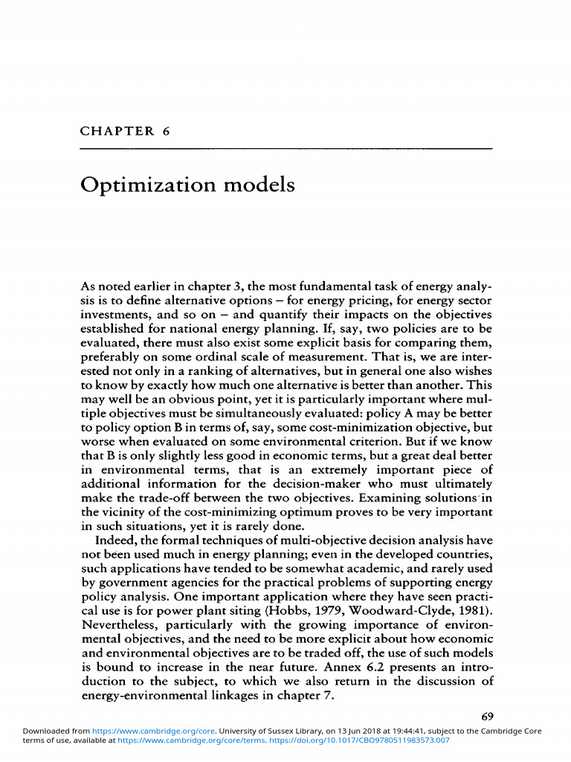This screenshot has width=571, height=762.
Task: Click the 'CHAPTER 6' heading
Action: pos(125,131)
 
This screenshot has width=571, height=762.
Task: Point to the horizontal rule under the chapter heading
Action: pos(285,149)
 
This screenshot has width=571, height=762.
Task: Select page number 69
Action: pos(486,717)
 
